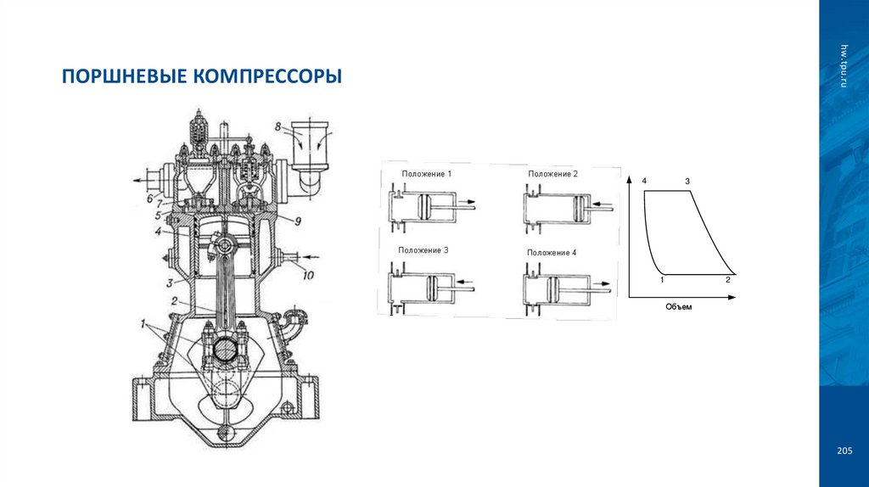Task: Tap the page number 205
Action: tap(844, 450)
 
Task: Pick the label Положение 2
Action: tap(552, 174)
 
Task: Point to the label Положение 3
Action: tap(422, 251)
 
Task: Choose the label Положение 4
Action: tap(552, 253)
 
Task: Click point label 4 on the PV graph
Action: tap(645, 182)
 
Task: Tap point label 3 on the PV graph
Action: tap(687, 182)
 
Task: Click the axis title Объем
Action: tap(679, 307)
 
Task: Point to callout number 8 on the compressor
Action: tap(277, 127)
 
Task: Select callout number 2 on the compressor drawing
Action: tap(173, 301)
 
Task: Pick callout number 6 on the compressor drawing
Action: tap(149, 199)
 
